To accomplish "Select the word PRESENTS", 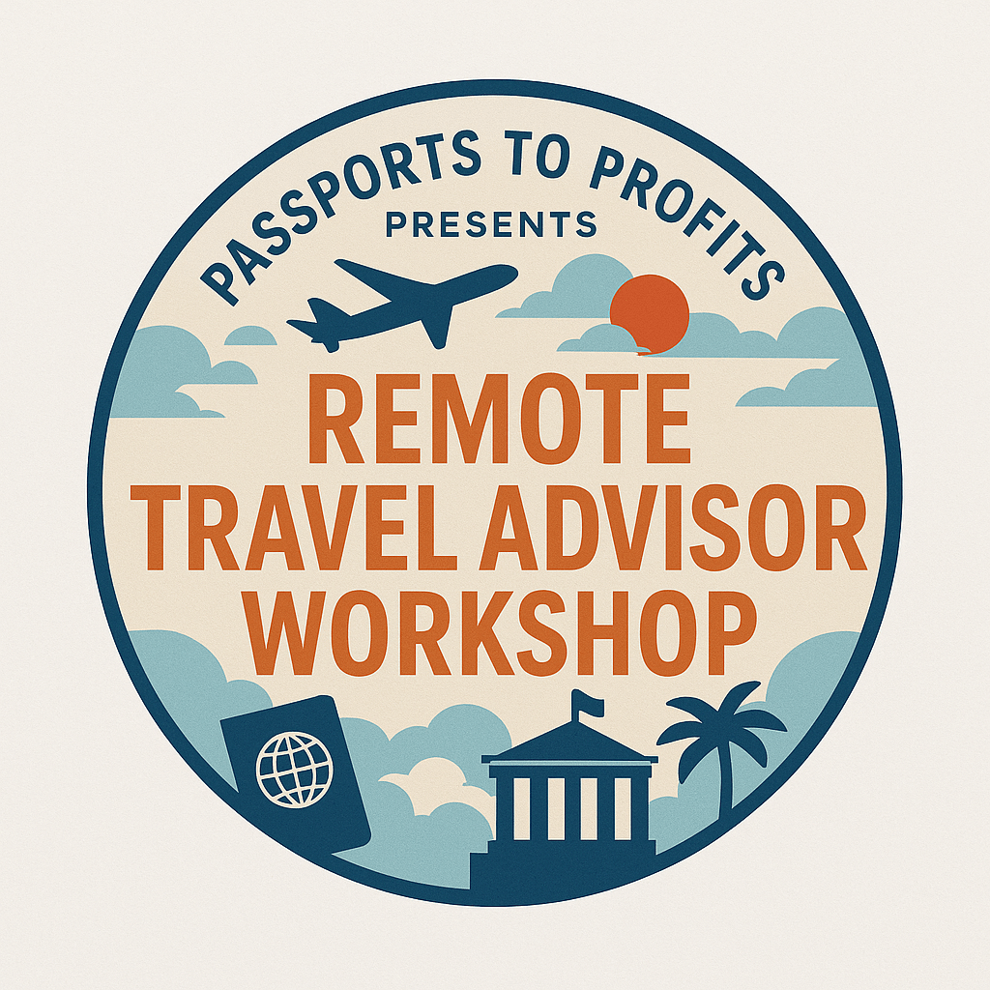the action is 491,224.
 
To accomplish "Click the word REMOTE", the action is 499,419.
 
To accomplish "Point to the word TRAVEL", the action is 294,528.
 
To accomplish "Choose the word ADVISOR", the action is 673,528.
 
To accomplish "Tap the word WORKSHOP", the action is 499,633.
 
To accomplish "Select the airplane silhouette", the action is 402,303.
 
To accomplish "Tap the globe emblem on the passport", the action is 294,770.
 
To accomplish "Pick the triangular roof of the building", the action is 569,741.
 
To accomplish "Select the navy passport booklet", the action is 296,774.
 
